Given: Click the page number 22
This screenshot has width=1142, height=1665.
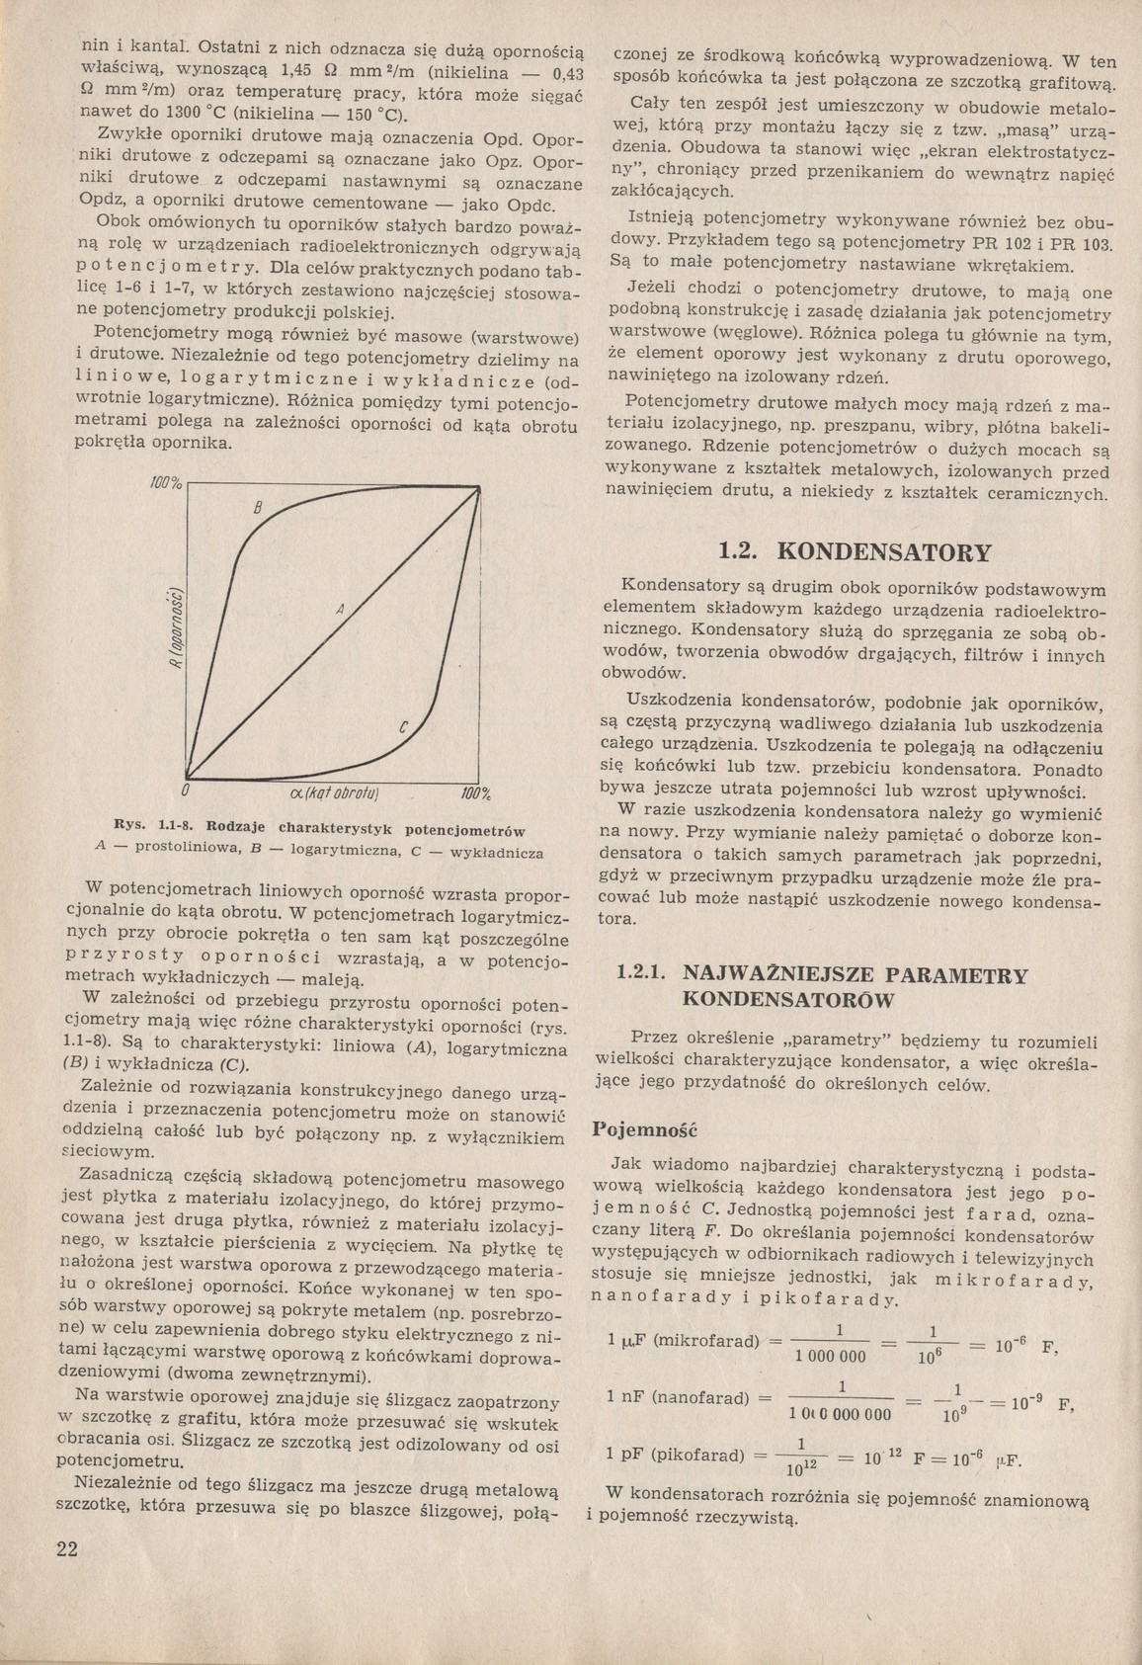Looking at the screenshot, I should (x=66, y=1547).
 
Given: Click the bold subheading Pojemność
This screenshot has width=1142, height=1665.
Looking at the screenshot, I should (x=644, y=1128).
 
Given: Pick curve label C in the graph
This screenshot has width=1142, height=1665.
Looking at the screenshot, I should (x=403, y=728).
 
